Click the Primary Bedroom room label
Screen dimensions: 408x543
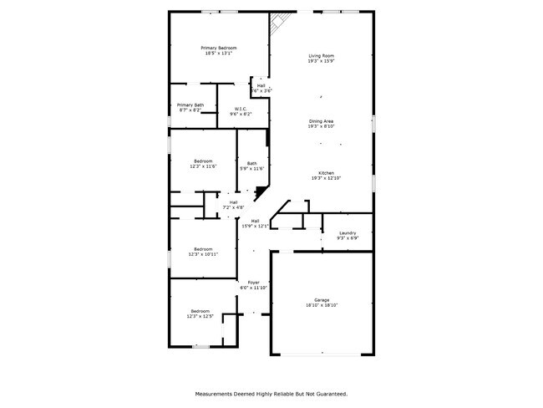coord(219,48)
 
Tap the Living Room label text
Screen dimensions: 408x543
coord(322,55)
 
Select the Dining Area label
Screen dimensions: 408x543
coord(322,121)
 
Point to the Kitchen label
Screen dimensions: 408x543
coord(326,172)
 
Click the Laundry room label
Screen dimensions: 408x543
coord(348,233)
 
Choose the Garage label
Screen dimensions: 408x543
coord(322,299)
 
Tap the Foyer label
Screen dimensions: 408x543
coord(253,283)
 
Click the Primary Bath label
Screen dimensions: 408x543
coord(190,105)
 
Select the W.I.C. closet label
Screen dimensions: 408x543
coord(241,109)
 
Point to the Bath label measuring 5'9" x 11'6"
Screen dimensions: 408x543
coord(251,163)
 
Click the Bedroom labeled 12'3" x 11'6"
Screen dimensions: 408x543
coord(203,161)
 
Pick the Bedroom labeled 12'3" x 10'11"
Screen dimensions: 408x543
coord(203,248)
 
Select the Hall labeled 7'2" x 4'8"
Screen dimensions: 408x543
coord(233,202)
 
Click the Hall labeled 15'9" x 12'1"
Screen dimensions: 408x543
coord(255,221)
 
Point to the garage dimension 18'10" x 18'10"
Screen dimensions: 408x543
coord(322,305)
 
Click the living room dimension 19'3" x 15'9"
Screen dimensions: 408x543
coord(322,61)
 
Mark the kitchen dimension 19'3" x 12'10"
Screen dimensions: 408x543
coord(326,178)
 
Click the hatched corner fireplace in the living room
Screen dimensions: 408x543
coord(282,23)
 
